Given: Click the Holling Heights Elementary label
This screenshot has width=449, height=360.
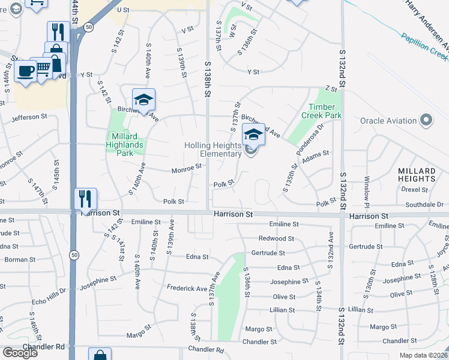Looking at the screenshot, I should tap(212, 150).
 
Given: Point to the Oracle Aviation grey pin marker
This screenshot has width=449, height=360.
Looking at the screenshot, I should tap(427, 121).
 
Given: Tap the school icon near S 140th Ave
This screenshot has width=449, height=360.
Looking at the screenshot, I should tap(143, 99).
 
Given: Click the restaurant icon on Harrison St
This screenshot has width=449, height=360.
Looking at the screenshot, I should tap(85, 197).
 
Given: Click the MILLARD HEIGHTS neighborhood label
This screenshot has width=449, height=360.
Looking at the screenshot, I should tap(417, 175).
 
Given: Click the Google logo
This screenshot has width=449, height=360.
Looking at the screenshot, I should tap(20, 353).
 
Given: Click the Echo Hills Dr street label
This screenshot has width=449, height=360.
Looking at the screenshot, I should tap(46, 285).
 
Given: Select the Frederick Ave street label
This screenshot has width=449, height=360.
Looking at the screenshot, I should tap(187, 289).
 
